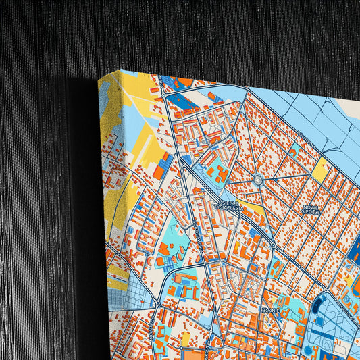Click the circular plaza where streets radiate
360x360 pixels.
[x=257, y=180]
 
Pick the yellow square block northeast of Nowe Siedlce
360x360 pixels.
[x=319, y=170]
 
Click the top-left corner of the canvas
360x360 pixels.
[x=122, y=70]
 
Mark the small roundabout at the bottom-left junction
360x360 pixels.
[x=155, y=296]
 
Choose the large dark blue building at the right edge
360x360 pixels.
[x=353, y=260]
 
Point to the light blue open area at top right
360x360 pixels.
[x=317, y=115]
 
